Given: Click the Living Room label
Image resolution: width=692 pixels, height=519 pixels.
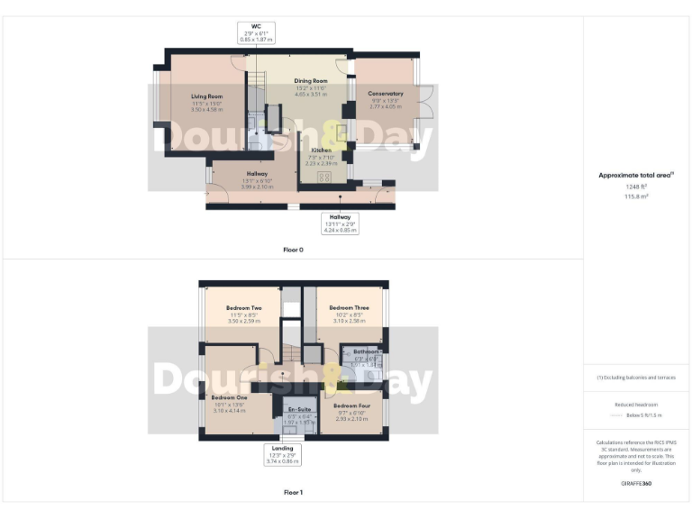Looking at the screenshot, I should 206,96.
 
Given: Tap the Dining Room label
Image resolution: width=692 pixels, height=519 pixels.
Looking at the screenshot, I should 310,80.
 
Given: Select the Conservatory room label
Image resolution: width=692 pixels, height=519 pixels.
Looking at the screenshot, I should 386,93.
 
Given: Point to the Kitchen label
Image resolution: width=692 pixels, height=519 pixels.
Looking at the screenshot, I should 321,150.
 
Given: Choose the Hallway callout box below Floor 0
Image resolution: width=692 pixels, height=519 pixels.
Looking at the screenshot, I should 340,223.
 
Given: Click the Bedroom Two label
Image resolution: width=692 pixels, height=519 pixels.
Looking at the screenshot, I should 244,308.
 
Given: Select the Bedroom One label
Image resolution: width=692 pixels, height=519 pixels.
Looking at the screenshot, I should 229,397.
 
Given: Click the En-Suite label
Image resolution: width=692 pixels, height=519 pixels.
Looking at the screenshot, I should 299,410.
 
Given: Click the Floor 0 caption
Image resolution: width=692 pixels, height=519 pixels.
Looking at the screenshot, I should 293,249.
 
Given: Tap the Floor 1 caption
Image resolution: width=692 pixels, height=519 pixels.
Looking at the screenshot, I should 293,493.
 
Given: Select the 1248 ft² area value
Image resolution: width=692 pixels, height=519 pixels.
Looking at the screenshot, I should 636,186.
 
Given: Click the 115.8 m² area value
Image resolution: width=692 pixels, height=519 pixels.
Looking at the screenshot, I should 636,196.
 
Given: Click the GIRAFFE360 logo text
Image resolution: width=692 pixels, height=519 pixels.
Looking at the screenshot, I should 636,485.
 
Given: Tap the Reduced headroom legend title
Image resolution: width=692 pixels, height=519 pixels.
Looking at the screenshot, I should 636,405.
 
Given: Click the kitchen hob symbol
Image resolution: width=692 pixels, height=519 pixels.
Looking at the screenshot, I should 314,177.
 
